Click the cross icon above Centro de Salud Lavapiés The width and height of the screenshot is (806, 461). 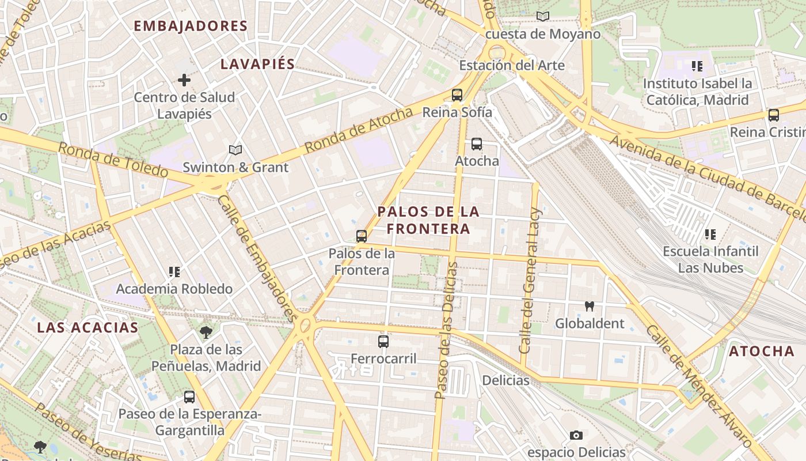tap(184, 80)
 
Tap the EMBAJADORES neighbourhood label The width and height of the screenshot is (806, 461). tap(191, 26)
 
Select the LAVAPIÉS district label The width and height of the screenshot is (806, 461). tap(258, 64)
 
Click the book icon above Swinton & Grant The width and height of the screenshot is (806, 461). tap(235, 150)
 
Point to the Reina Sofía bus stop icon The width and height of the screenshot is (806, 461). tap(457, 95)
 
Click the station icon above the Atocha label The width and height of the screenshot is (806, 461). tap(477, 144)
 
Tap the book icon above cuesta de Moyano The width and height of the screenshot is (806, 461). tap(542, 17)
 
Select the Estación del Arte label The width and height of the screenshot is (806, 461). tap(511, 66)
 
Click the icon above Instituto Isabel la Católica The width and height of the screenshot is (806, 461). tap(697, 67)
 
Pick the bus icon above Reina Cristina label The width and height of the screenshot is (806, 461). tap(774, 115)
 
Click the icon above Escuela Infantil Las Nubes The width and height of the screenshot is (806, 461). tap(710, 235)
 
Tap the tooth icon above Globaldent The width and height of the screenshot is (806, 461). tap(589, 307)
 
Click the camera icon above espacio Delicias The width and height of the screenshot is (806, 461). tap(576, 436)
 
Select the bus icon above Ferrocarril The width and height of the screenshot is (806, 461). tap(383, 342)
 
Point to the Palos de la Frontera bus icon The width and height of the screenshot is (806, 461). tap(362, 236)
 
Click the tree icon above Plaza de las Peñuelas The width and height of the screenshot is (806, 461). tap(206, 332)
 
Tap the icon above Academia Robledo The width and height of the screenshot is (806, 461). tap(174, 272)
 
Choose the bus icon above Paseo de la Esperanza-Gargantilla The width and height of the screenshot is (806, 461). tap(189, 397)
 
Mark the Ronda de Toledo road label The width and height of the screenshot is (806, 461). tap(113, 160)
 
